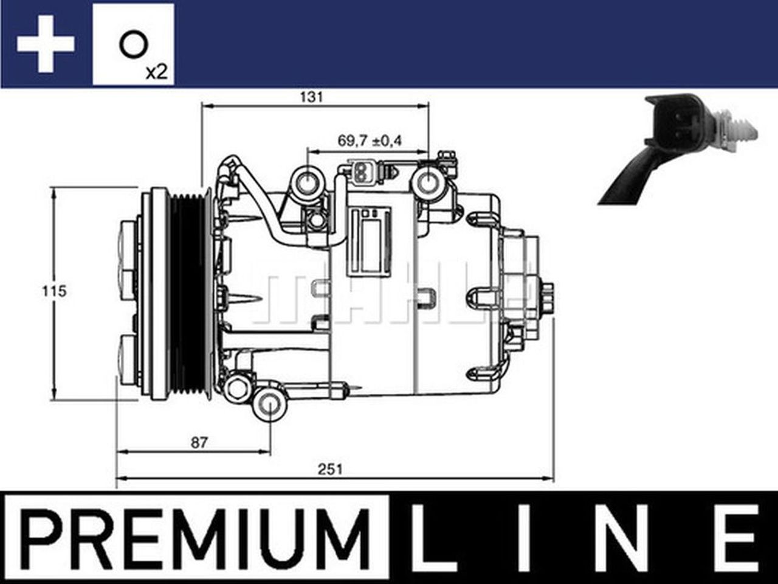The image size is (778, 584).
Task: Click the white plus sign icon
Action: pyautogui.click(x=46, y=44)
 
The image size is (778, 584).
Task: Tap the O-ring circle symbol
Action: pyautogui.click(x=132, y=45)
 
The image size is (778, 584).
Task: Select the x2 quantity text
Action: pyautogui.click(x=156, y=72)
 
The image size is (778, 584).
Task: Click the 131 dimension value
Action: pyautogui.click(x=311, y=97)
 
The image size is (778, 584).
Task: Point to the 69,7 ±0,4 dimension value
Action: pyautogui.click(x=370, y=141)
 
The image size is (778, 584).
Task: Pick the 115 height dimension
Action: pyautogui.click(x=53, y=291)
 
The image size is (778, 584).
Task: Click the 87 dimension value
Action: pyautogui.click(x=199, y=442)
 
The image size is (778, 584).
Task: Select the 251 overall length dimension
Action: pyautogui.click(x=331, y=469)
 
